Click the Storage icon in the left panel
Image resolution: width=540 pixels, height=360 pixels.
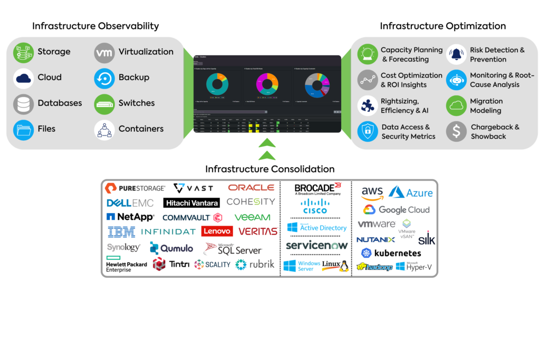(x=23, y=52)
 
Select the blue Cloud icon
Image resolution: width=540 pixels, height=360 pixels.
(x=23, y=78)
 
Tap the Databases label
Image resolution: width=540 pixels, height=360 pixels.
(x=60, y=103)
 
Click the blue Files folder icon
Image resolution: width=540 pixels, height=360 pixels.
(x=23, y=129)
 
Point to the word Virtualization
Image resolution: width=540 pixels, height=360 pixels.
(x=146, y=52)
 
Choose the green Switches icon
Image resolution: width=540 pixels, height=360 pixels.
(x=104, y=104)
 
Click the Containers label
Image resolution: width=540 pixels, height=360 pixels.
(x=141, y=129)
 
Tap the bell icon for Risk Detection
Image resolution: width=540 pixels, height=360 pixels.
(x=456, y=54)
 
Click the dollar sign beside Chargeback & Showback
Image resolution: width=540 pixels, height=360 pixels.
(x=456, y=131)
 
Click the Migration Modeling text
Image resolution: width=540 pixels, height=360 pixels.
(x=486, y=106)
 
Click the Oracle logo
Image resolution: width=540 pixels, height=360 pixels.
(x=251, y=188)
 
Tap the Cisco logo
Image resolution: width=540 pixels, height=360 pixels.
(x=315, y=206)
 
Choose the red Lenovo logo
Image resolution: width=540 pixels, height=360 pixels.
(x=217, y=231)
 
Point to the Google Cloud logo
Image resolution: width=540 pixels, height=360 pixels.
(x=397, y=210)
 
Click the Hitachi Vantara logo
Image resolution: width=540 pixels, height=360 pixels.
(x=192, y=203)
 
